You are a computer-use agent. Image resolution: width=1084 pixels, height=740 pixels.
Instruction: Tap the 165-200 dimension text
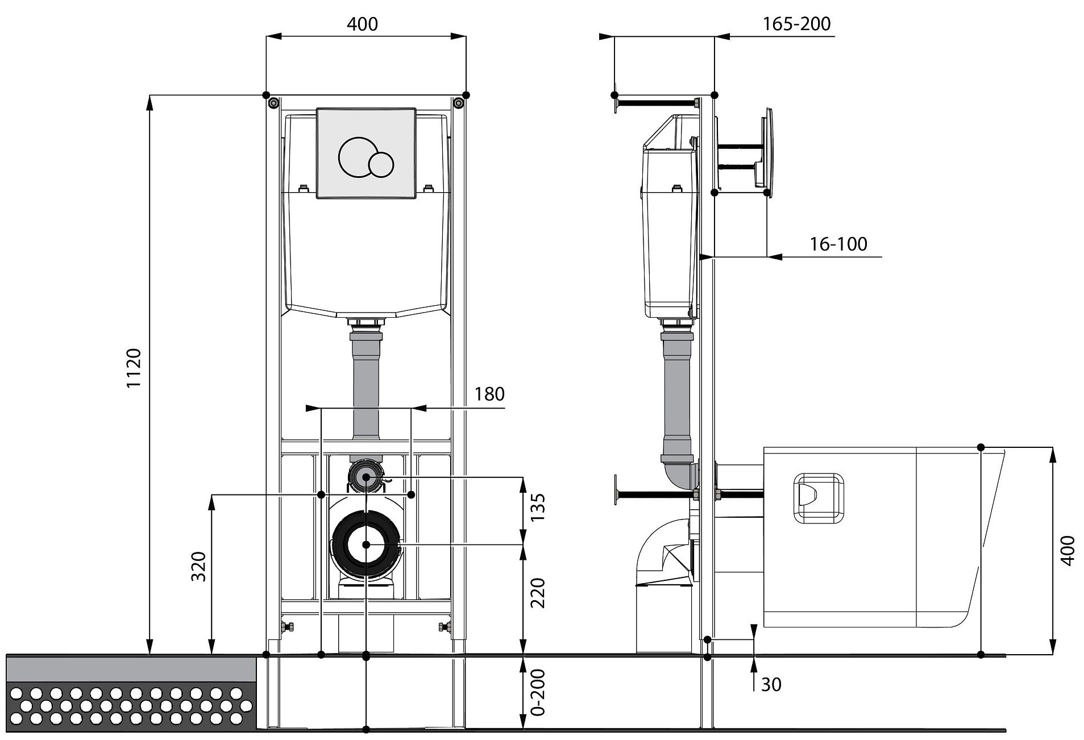(796, 24)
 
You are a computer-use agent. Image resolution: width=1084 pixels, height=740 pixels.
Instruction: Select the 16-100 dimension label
(838, 244)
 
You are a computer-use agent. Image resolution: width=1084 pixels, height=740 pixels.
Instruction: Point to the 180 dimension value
(489, 394)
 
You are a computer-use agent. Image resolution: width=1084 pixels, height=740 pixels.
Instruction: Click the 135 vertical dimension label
(538, 508)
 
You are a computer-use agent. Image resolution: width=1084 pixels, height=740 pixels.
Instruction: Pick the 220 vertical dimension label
(538, 593)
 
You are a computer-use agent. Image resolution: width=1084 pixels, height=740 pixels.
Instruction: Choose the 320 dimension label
(198, 566)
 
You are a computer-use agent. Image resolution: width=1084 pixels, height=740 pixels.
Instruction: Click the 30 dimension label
(771, 685)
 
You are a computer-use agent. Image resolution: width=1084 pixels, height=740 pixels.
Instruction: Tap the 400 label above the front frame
(362, 24)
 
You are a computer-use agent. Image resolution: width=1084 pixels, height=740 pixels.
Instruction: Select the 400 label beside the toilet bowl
(1068, 550)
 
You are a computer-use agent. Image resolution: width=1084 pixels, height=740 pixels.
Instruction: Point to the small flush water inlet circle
(366, 477)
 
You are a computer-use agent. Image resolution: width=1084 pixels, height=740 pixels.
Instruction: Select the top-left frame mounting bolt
(273, 102)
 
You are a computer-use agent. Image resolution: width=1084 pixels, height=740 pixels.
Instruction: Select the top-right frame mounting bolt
(458, 102)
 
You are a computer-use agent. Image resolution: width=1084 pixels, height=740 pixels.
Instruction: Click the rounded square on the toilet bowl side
(819, 498)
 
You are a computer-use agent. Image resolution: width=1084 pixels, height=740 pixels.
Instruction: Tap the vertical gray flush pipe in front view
(366, 387)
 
